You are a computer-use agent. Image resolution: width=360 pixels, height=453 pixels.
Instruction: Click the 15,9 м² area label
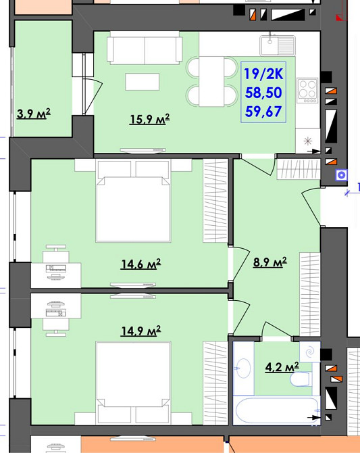tap(149, 119)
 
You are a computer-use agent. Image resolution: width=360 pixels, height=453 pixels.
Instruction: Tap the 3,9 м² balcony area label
tap(34, 114)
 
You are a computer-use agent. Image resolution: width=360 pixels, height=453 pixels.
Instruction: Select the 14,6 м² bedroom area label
tap(140, 264)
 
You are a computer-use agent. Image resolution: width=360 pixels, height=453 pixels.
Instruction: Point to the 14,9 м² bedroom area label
tap(140, 331)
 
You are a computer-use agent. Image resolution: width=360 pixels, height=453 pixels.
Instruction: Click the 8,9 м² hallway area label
tap(270, 262)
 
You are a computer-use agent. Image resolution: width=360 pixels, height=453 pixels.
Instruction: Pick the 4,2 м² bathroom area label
tap(282, 367)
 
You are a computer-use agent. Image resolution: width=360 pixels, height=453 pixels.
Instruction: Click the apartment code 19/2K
tap(263, 74)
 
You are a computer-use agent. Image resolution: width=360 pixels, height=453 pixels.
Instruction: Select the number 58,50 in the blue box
tap(263, 93)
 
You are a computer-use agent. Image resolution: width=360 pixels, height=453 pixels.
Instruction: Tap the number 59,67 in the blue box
tap(263, 112)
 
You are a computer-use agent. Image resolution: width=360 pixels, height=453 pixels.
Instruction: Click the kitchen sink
tap(278, 45)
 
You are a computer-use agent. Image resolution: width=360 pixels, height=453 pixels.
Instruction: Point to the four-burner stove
tap(307, 91)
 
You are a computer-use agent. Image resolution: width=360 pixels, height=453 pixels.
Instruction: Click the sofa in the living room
tap(145, 48)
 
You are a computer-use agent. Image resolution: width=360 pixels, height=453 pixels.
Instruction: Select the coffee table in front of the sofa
tap(143, 82)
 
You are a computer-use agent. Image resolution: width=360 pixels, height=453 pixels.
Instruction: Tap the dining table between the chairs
tap(211, 81)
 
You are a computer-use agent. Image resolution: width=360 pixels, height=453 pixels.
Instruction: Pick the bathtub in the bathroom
tap(276, 410)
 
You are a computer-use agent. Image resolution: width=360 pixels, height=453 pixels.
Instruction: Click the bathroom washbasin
tap(243, 368)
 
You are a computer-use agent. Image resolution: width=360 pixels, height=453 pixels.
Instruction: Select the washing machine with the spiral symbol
tap(310, 352)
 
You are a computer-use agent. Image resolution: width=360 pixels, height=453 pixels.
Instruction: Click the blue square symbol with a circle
tap(341, 175)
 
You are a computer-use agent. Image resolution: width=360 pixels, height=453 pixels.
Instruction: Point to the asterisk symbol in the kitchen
tap(308, 141)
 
